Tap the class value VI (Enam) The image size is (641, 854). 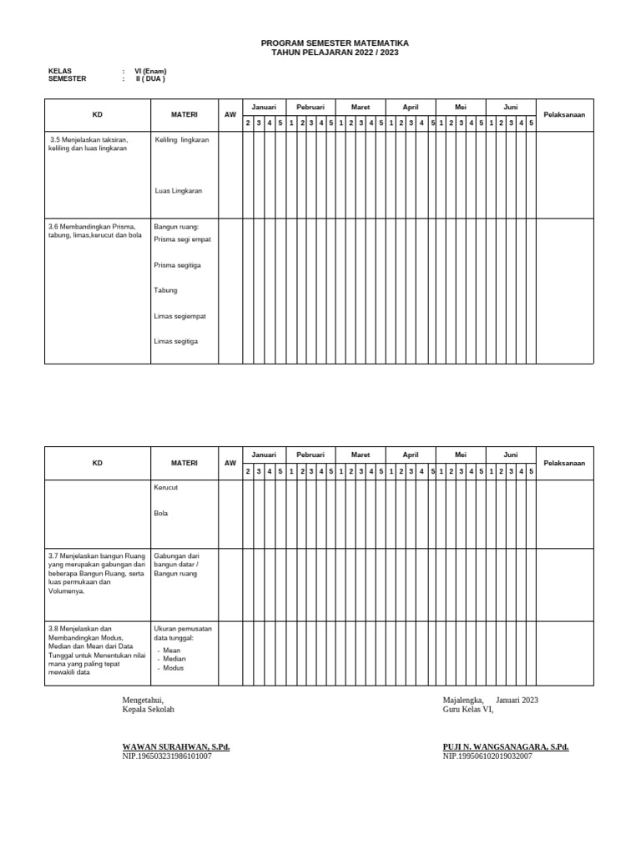[x=150, y=72]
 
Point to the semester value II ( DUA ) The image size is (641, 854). [x=150, y=79]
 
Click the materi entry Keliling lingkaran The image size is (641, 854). [x=182, y=140]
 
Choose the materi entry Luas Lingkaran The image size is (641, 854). [x=179, y=191]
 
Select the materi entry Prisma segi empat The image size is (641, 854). [x=183, y=239]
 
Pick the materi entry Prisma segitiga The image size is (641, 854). [x=178, y=265]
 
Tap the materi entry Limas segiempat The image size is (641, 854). [x=180, y=316]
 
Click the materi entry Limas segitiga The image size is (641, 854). [x=177, y=341]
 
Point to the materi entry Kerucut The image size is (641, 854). [x=167, y=487]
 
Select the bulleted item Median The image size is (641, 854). [x=174, y=659]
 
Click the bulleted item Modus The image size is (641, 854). [x=174, y=668]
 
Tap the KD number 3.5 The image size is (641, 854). [x=57, y=140]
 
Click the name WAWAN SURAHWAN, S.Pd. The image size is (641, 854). [x=176, y=747]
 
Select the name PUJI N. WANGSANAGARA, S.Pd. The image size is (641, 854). [x=506, y=747]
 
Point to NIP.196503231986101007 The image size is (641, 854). [x=167, y=756]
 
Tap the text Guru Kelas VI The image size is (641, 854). [x=467, y=710]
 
